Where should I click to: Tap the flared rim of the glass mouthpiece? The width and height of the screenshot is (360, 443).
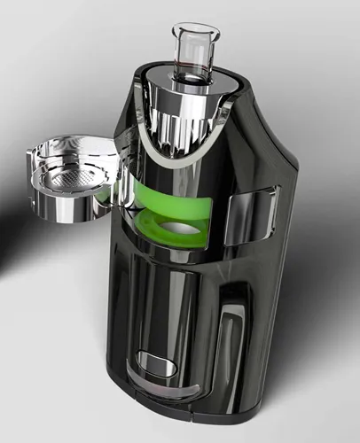coord(196,30)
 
